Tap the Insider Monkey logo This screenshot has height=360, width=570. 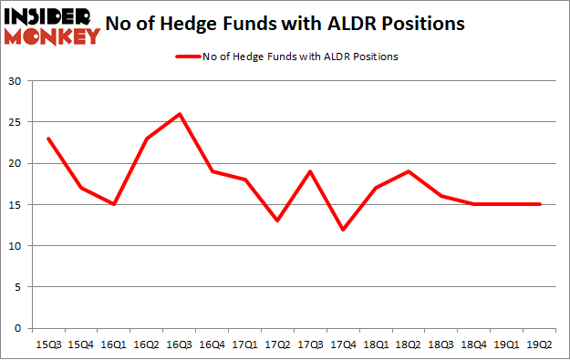click(52, 26)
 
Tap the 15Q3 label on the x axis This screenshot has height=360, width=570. click(48, 344)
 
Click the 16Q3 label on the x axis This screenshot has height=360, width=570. click(180, 344)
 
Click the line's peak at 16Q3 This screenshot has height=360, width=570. click(180, 114)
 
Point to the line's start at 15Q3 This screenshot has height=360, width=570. click(48, 139)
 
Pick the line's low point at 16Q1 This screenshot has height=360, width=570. click(114, 204)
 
